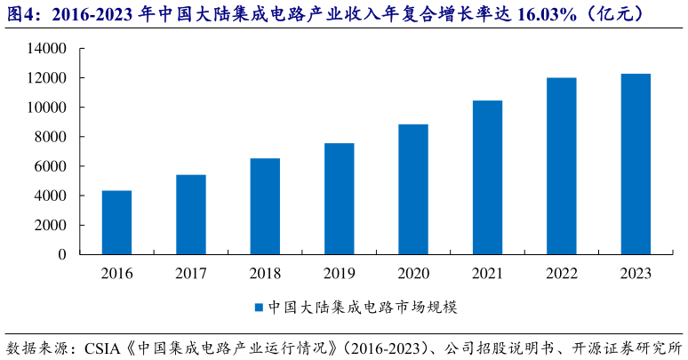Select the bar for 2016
[x=116, y=222]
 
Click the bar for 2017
[x=190, y=214]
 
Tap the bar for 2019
[x=339, y=198]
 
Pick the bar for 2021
[x=487, y=177]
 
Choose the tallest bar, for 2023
[x=636, y=164]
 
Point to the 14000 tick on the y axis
[x=49, y=49]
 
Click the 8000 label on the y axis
[x=52, y=137]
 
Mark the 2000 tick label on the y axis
[x=52, y=225]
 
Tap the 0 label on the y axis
[x=62, y=254]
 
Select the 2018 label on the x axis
[x=265, y=274]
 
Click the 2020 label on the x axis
[x=413, y=274]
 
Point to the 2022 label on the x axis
[x=562, y=274]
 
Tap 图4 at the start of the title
[x=20, y=15]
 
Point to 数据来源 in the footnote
[x=36, y=346]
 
